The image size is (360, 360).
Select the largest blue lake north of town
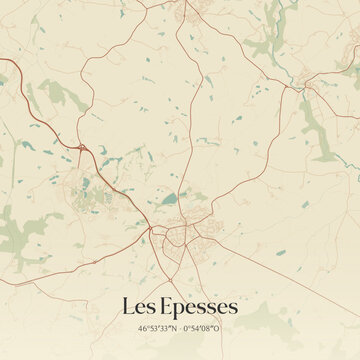point(170,198)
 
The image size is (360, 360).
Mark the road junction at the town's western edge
point(151,232)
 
